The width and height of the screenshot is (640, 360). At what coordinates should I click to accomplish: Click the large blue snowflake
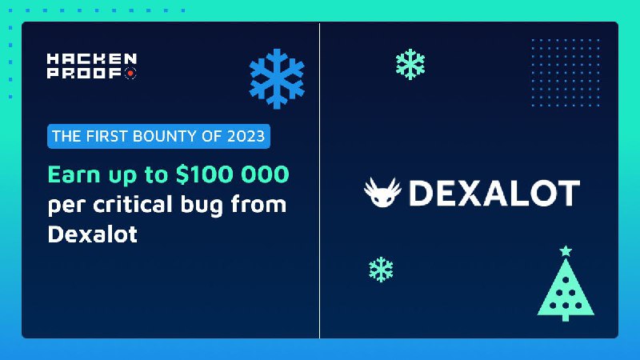point(277,78)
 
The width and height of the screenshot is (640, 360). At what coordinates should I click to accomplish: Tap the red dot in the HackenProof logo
point(130,74)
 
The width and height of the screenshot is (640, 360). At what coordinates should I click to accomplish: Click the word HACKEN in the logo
point(92,58)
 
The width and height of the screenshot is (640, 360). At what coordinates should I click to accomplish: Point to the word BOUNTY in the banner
point(165,136)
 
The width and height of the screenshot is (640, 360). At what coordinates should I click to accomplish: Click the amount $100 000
point(232,174)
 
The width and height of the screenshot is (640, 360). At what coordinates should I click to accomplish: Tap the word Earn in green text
point(74,174)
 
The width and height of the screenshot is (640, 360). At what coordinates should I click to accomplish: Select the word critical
point(133,204)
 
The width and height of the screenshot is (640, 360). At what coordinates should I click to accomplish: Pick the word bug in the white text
point(202,206)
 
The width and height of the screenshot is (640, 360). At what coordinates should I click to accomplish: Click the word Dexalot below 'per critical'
point(93,234)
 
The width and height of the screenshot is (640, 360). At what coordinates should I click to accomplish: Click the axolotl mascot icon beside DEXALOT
point(382,192)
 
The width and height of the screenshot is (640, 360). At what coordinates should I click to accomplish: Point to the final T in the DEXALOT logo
point(568,193)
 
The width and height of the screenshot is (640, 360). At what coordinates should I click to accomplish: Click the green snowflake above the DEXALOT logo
point(410,64)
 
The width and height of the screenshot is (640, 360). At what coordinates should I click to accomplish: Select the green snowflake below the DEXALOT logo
point(381,270)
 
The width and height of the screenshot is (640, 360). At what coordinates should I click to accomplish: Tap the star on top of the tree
point(566,250)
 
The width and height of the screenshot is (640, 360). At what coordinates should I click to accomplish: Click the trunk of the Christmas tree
point(566,318)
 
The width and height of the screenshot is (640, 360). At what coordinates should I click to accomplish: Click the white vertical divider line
point(319,180)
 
